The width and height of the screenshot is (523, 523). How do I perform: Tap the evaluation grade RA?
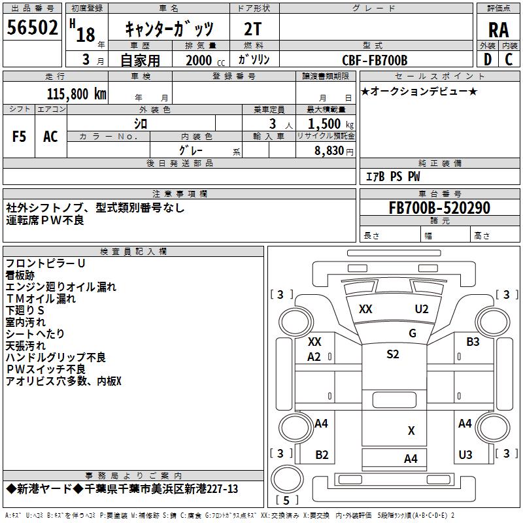click(x=498, y=30)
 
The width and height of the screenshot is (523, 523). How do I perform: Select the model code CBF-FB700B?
click(x=375, y=60)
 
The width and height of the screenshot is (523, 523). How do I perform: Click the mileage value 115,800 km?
click(x=76, y=93)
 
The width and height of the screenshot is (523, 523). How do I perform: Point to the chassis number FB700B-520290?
click(x=439, y=208)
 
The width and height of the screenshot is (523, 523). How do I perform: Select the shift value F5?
click(x=20, y=136)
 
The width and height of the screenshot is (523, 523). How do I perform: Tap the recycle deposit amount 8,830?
click(x=329, y=150)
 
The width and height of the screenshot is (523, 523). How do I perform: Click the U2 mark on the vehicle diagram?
click(x=421, y=309)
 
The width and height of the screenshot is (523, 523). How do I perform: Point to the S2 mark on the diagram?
click(x=392, y=354)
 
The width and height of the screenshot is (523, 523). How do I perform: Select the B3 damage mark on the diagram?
click(x=473, y=341)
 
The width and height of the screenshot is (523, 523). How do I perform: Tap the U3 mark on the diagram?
click(x=465, y=454)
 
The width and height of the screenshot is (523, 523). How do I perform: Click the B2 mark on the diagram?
click(x=322, y=454)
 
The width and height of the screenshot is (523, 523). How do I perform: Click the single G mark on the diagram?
click(x=413, y=333)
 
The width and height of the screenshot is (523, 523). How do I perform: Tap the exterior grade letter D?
click(x=487, y=59)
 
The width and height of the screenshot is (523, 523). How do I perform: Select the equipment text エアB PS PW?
click(x=392, y=177)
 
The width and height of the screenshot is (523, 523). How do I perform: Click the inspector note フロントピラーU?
click(x=46, y=263)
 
